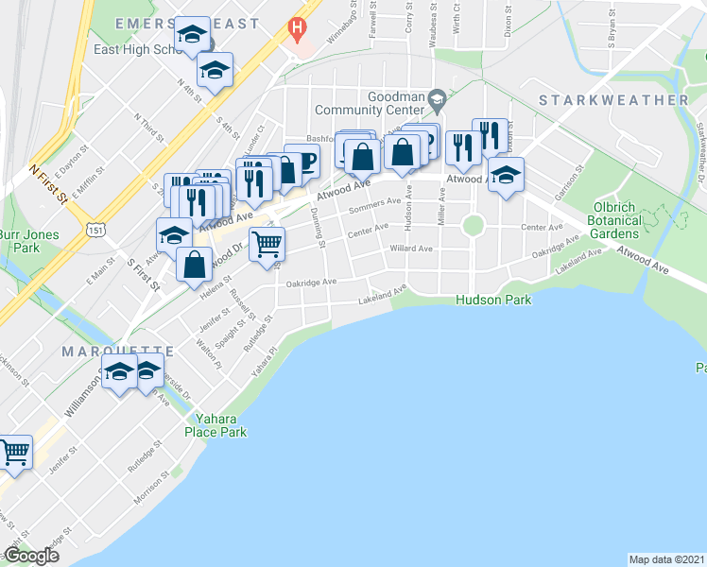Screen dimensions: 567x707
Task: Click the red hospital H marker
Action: (x=298, y=29)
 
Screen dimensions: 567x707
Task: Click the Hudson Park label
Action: (x=492, y=300)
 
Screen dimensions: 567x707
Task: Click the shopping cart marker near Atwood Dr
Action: (x=267, y=244)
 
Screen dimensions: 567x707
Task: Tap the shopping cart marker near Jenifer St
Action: (x=15, y=453)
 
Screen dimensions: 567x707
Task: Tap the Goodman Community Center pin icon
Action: (x=437, y=97)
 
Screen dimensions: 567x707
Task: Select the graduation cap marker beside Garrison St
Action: (x=506, y=176)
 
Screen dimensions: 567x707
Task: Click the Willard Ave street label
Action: (x=411, y=249)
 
